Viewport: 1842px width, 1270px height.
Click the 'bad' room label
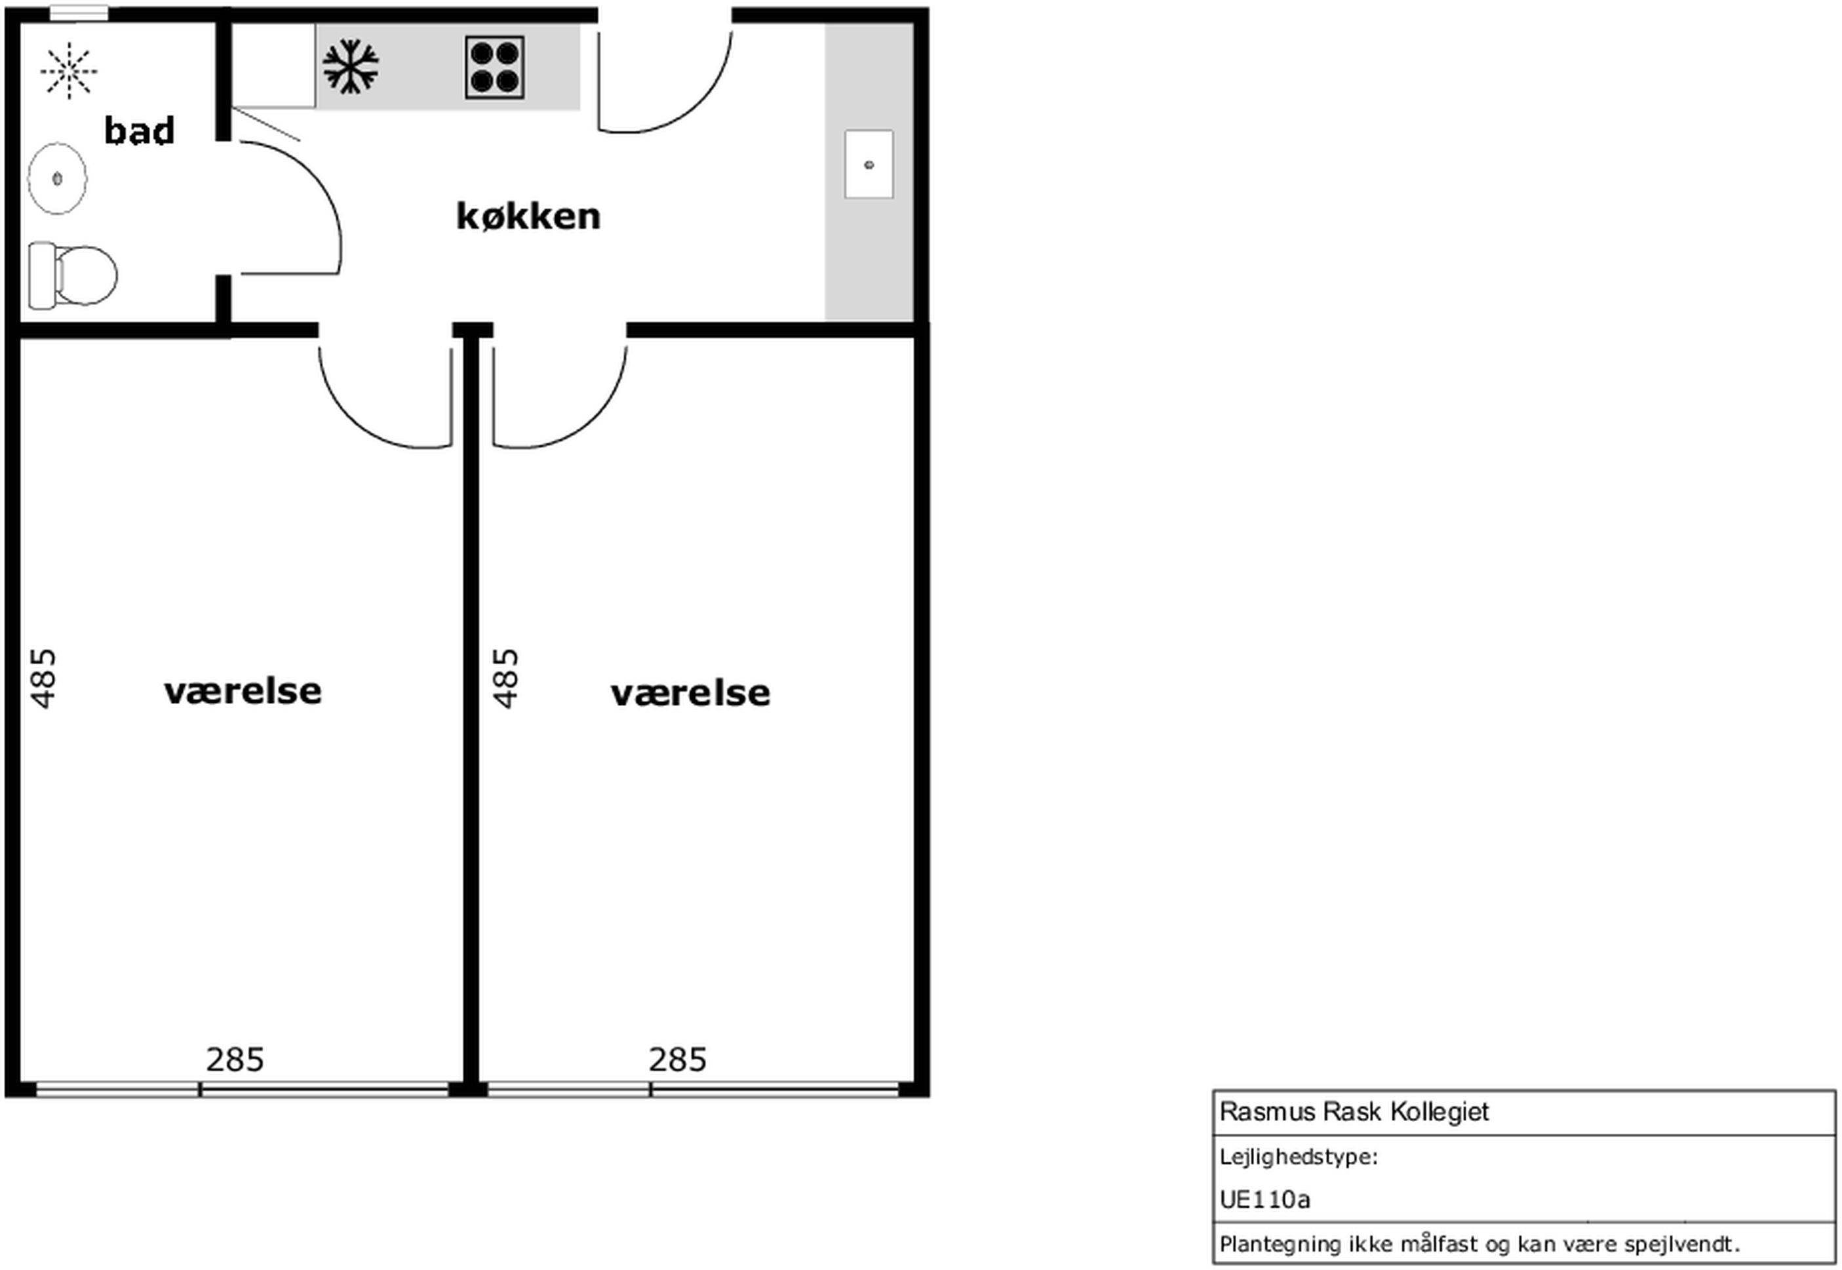click(139, 130)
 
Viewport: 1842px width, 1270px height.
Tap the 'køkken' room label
click(528, 216)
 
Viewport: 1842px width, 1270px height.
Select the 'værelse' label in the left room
click(243, 690)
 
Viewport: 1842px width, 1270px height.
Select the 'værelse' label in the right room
click(690, 693)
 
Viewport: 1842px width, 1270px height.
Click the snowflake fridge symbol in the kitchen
click(351, 67)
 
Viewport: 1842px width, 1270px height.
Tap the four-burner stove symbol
click(495, 68)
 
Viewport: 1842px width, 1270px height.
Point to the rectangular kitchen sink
click(869, 165)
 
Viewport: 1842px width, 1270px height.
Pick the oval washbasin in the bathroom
click(57, 178)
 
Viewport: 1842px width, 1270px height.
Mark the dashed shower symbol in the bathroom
click(69, 71)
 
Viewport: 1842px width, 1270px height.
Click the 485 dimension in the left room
click(44, 678)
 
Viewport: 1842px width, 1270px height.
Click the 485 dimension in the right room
click(506, 678)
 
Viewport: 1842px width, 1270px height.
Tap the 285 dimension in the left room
click(235, 1060)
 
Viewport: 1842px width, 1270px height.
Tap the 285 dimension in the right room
click(678, 1060)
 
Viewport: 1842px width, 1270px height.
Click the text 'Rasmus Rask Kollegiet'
click(1354, 1111)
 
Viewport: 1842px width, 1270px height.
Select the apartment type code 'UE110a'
click(1264, 1199)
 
